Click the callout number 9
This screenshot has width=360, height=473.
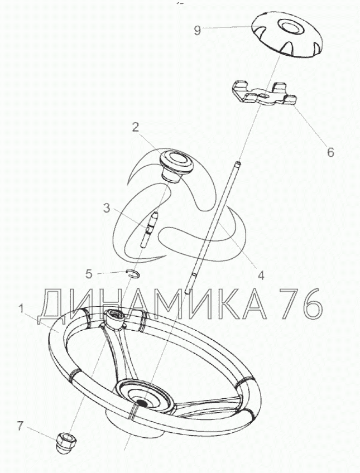[198, 30]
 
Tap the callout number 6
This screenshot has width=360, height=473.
[331, 152]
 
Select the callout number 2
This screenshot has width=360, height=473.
[136, 127]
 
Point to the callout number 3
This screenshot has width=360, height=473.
[107, 208]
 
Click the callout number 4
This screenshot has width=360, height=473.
[261, 275]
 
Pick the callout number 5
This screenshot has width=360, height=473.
[89, 274]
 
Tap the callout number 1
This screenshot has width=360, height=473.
[21, 309]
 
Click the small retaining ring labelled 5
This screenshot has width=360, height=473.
[132, 273]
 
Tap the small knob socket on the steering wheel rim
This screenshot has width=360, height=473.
[114, 319]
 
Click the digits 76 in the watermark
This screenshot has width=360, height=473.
[300, 304]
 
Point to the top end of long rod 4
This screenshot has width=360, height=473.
[239, 163]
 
